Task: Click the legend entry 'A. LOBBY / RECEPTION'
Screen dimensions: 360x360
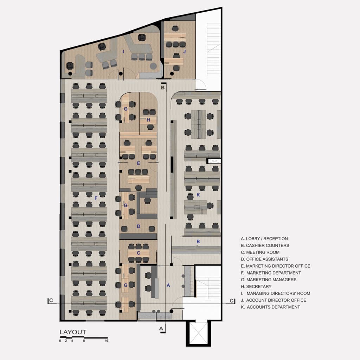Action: click(264, 239)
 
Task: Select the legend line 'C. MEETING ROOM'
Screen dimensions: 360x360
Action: click(260, 252)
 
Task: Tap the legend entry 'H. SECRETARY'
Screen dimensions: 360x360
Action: click(256, 287)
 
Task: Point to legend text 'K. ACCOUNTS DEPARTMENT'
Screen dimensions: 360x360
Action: click(270, 307)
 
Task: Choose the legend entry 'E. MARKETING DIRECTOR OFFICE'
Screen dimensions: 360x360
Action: click(276, 266)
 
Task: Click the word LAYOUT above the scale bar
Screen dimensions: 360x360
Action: click(73, 332)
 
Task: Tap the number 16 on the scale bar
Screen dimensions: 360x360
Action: click(107, 341)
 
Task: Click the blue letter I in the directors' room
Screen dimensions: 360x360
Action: click(123, 51)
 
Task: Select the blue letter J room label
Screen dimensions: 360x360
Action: click(185, 51)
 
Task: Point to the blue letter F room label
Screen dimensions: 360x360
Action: click(96, 198)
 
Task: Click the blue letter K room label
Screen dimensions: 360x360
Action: click(198, 195)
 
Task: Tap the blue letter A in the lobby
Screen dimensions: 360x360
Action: click(168, 285)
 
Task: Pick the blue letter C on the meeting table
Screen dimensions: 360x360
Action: click(139, 253)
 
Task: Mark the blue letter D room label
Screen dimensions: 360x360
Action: click(139, 226)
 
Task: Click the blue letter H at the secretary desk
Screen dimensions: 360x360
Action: click(148, 120)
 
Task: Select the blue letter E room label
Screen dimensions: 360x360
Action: click(139, 163)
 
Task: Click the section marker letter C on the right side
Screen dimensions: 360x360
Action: click(231, 301)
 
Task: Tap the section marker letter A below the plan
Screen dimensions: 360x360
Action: click(161, 329)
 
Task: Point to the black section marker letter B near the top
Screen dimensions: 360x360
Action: click(163, 88)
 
